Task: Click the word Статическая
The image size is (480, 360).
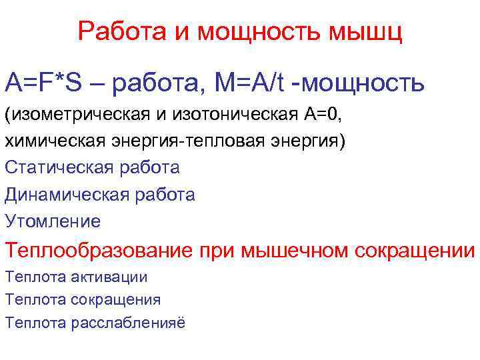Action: pyautogui.click(x=59, y=167)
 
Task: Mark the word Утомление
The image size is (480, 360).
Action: pyautogui.click(x=53, y=221)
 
